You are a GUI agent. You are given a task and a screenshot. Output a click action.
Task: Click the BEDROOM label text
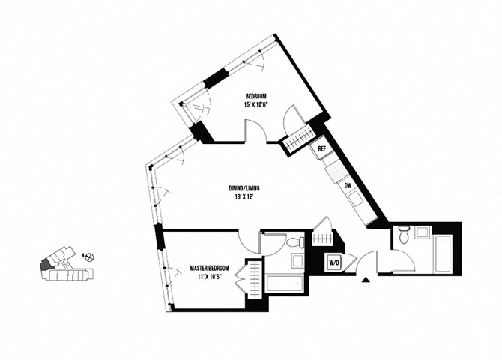tap(256, 96)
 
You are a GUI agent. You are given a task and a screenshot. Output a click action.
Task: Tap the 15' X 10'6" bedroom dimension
tap(256, 105)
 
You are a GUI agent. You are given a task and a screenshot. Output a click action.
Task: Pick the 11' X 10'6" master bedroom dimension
tap(208, 277)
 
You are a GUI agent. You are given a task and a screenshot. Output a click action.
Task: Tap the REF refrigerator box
tap(321, 148)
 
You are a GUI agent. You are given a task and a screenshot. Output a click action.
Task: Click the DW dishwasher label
tap(348, 185)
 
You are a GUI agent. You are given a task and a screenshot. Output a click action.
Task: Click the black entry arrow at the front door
tap(366, 280)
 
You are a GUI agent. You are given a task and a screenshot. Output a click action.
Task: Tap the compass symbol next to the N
tap(90, 256)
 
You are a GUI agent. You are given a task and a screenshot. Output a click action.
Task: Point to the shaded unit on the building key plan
tap(47, 264)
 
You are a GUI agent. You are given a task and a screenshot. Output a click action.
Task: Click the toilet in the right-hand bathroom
tap(403, 238)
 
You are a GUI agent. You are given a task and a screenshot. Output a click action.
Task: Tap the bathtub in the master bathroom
tap(285, 283)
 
